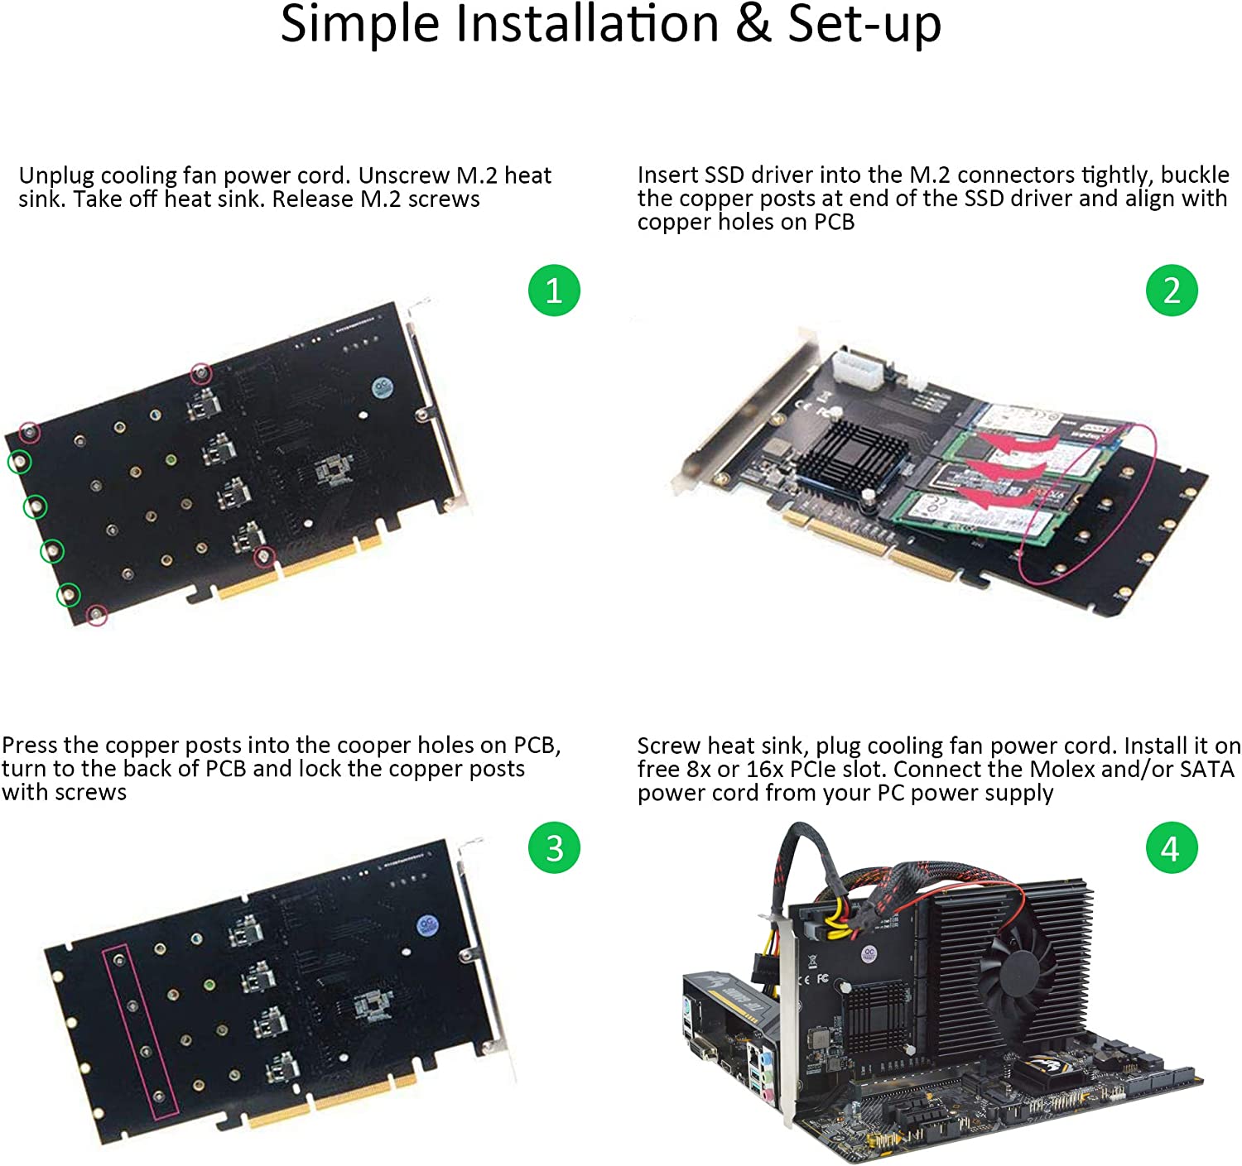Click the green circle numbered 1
(x=554, y=290)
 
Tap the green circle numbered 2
(x=1171, y=290)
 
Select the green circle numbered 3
(x=554, y=847)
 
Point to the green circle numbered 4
(x=1171, y=847)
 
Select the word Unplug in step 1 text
(x=55, y=176)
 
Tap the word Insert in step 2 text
(x=667, y=175)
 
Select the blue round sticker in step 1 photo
(x=382, y=387)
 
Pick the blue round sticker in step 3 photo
(x=427, y=925)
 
